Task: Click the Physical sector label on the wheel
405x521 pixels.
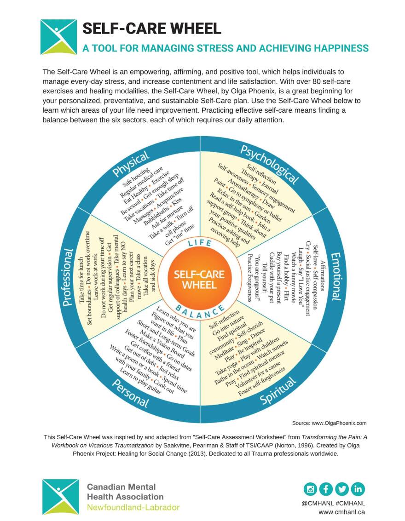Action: coord(131,164)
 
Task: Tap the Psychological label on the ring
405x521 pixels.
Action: coord(269,164)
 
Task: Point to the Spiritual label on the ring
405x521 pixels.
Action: coord(278,391)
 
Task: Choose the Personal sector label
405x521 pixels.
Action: coord(130,394)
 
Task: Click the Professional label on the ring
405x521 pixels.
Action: coord(68,277)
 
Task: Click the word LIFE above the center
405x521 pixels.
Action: coord(199,243)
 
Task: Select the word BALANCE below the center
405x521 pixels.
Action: coord(199,312)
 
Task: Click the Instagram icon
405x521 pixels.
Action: coord(310,489)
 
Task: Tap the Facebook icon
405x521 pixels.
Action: coord(326,489)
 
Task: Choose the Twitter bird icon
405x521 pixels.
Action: coord(342,489)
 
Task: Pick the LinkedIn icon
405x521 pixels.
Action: coord(358,489)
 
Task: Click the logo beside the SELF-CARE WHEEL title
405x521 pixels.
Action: coord(58,37)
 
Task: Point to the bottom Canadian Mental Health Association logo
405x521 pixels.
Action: coord(60,497)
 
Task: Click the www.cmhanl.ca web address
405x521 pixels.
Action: coord(342,512)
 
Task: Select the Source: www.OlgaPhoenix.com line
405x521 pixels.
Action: coord(329,423)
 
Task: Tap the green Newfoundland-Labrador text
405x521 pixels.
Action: coord(133,507)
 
